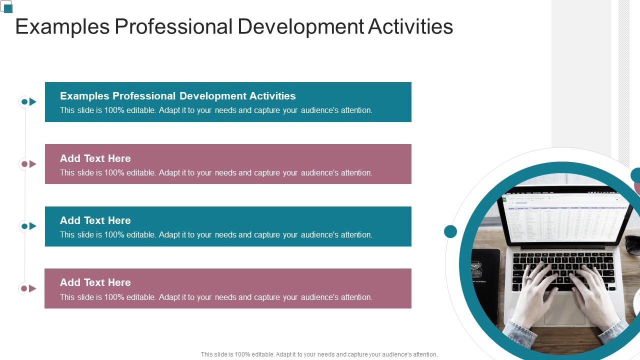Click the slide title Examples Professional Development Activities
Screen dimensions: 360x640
coord(234,26)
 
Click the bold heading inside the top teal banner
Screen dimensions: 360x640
coord(177,96)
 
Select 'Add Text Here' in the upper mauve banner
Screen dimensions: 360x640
coord(95,158)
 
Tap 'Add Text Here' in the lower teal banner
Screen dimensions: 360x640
coord(95,220)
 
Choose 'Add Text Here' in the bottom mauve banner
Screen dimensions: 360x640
coord(95,282)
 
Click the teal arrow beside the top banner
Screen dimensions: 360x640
coord(33,102)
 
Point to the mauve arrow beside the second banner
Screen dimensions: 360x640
coord(33,164)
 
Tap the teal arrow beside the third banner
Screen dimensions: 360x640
coord(33,226)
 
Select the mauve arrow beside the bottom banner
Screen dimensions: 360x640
coord(33,288)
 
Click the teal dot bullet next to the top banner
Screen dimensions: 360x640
coord(24,102)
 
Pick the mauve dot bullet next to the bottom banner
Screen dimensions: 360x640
coord(24,288)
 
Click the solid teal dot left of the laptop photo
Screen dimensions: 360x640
coord(450,231)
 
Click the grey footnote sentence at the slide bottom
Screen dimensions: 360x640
coord(319,354)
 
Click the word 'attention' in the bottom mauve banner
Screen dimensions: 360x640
coord(356,297)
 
